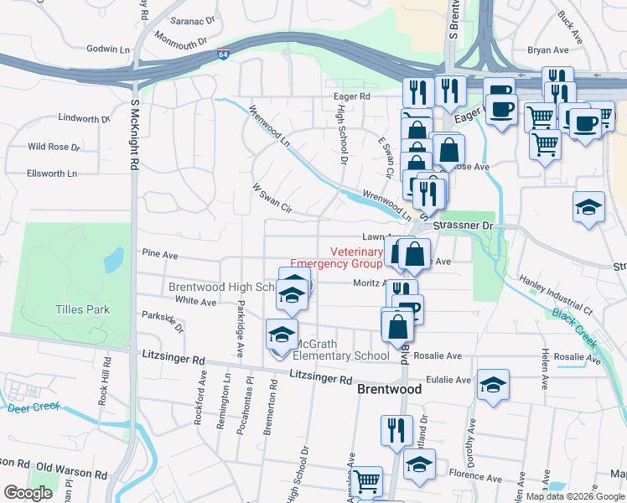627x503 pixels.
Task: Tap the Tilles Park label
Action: (x=83, y=309)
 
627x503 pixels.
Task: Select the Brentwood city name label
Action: (x=389, y=390)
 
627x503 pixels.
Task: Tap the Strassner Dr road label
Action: (x=466, y=226)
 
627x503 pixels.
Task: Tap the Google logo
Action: (x=28, y=492)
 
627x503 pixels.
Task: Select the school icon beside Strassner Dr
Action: (x=589, y=207)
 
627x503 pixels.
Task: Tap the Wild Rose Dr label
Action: (x=54, y=147)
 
